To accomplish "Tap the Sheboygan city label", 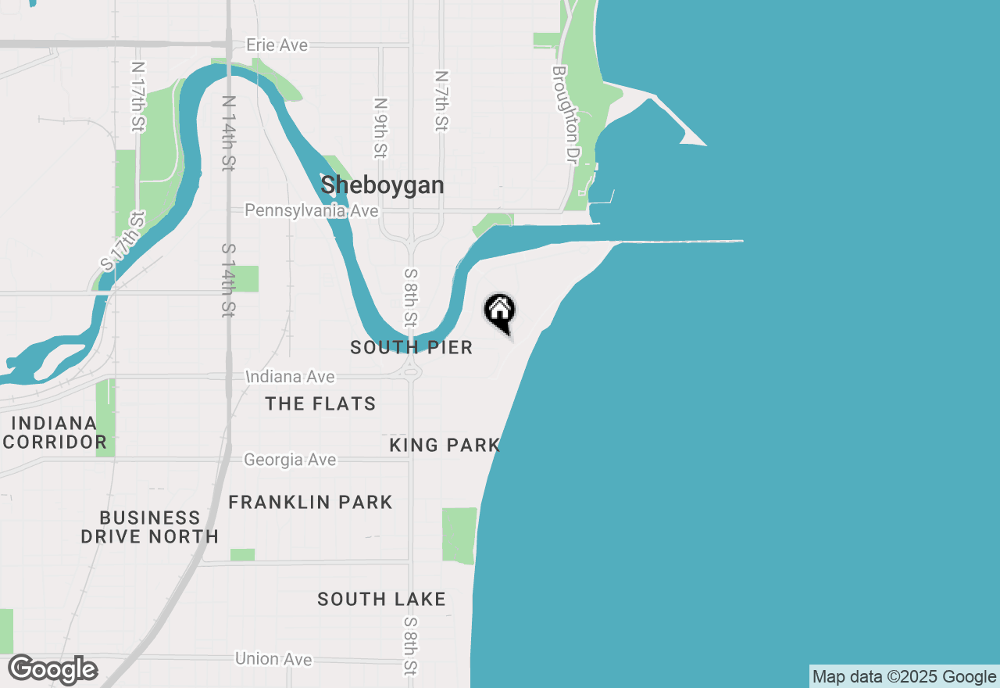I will [382, 185].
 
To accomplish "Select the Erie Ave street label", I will [277, 45].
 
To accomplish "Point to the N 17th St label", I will [139, 97].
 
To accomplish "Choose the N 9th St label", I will [381, 127].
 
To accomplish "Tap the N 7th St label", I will [441, 101].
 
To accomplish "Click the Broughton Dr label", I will [563, 114].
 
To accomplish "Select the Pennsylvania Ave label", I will [312, 211].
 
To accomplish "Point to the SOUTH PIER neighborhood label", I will [412, 347].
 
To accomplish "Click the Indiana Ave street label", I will [291, 377].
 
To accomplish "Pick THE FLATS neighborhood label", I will [320, 403].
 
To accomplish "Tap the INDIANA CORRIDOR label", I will [55, 432].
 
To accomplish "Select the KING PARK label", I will [445, 445].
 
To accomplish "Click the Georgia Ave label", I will [290, 460].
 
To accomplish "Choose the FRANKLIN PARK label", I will [310, 502].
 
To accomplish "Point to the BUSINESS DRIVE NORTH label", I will [150, 527].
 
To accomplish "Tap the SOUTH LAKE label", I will [381, 599].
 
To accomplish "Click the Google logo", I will [52, 670].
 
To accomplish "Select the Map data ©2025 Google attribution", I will [904, 677].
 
